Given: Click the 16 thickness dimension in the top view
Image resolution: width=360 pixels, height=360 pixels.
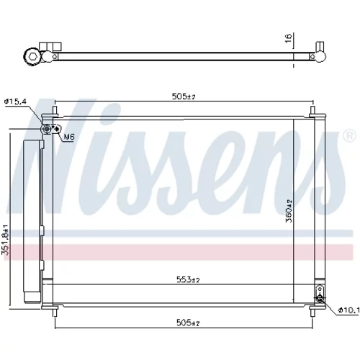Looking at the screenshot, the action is [289, 38].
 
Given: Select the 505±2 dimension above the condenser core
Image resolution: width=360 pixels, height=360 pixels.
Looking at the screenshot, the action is [184, 96].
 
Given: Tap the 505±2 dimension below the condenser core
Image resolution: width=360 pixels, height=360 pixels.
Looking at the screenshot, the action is [188, 323].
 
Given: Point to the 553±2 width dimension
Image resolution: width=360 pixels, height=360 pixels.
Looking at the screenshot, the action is [188, 279].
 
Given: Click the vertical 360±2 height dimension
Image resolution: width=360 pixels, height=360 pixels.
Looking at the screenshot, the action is [289, 211].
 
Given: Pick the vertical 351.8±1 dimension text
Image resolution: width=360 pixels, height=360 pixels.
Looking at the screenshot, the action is [5, 240].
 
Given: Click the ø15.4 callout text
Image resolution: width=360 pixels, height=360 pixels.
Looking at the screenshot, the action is [15, 102].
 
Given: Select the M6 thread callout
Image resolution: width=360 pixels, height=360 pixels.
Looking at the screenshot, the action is [69, 137].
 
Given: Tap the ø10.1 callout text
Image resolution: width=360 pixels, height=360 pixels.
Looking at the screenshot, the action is [348, 310].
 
